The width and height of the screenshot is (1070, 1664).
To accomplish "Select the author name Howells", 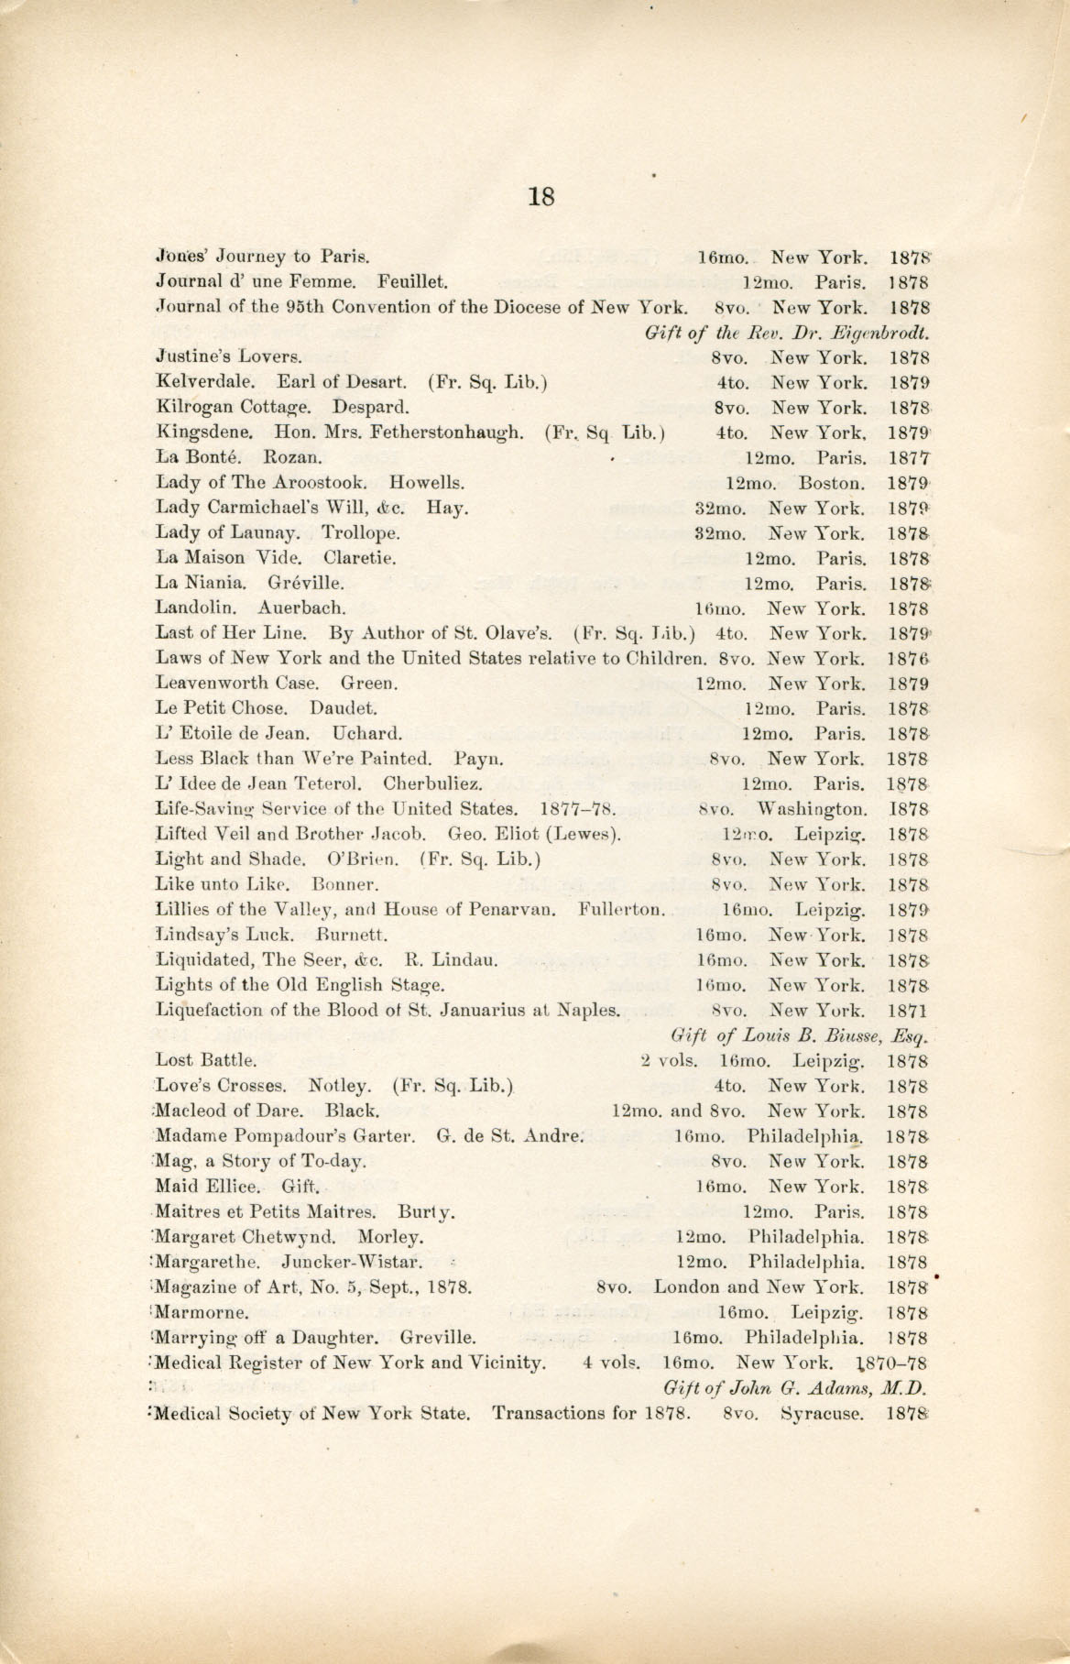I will (427, 482).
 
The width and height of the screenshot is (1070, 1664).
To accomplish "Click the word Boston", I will (831, 482).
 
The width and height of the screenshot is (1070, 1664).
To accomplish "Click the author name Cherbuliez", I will (433, 783).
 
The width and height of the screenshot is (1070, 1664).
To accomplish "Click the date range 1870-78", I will (893, 1363).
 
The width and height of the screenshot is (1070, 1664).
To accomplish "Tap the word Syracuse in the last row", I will (823, 1413).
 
